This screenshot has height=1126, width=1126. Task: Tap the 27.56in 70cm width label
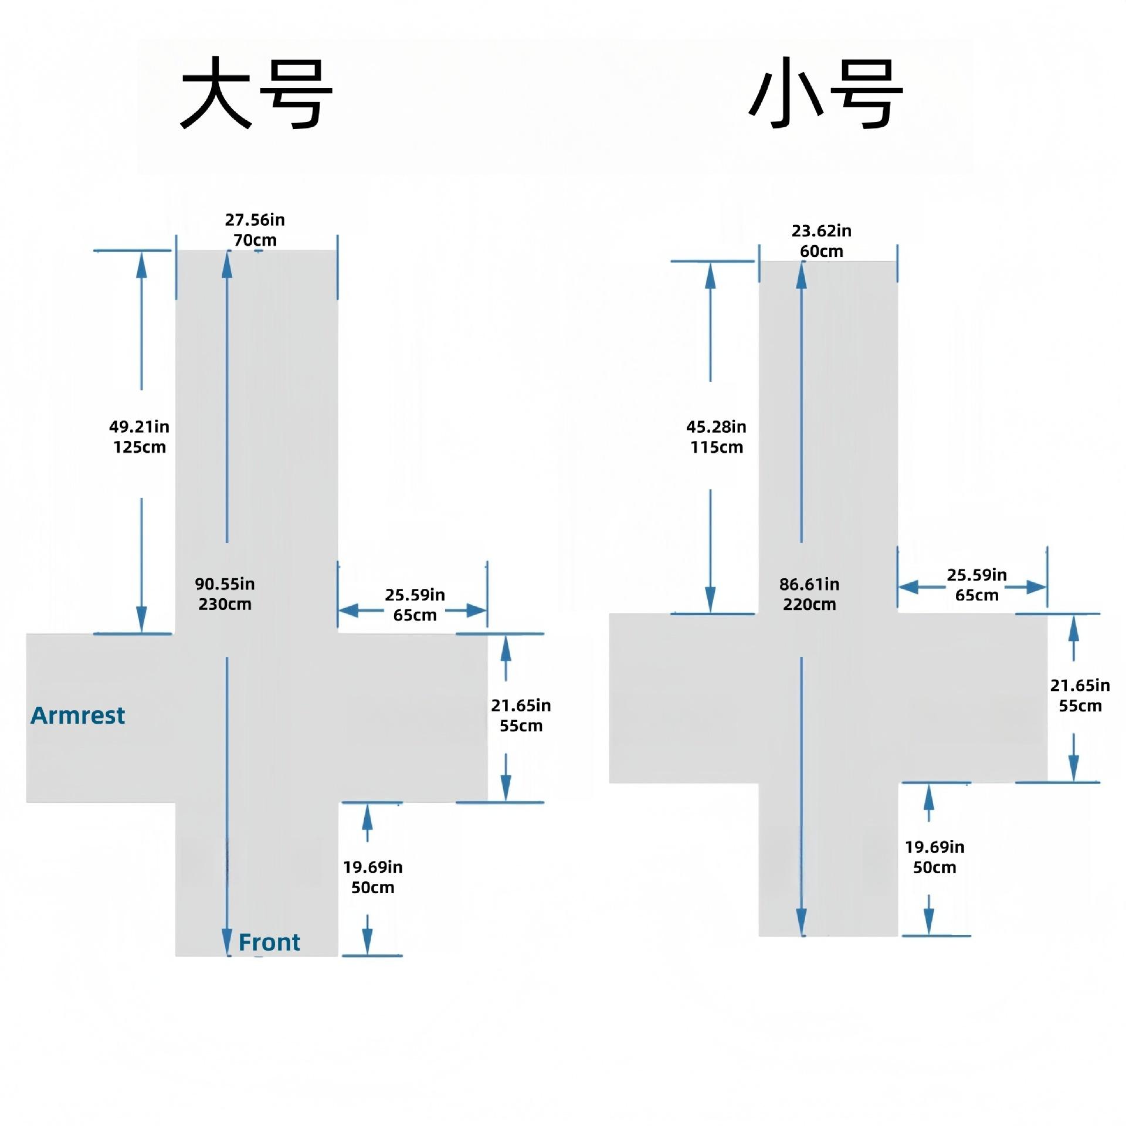tap(255, 230)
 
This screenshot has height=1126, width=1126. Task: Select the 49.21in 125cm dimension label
tap(140, 436)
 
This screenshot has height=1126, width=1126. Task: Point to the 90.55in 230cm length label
tap(225, 593)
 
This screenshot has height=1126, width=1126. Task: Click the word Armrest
tap(78, 715)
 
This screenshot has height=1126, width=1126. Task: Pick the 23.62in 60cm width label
tap(822, 240)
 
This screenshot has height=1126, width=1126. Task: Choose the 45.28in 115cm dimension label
tap(716, 436)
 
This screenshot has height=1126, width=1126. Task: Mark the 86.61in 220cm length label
tap(809, 594)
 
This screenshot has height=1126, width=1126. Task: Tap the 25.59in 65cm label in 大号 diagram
tap(415, 605)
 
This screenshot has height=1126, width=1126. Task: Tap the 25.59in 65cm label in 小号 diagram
tap(976, 585)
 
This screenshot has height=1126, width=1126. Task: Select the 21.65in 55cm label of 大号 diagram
tap(521, 715)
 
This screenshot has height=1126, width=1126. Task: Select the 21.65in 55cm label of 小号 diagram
tap(1080, 696)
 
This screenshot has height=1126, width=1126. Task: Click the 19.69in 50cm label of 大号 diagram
tap(373, 877)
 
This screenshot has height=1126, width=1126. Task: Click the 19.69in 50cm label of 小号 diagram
tap(934, 857)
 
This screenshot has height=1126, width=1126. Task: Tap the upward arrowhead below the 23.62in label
tap(802, 276)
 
